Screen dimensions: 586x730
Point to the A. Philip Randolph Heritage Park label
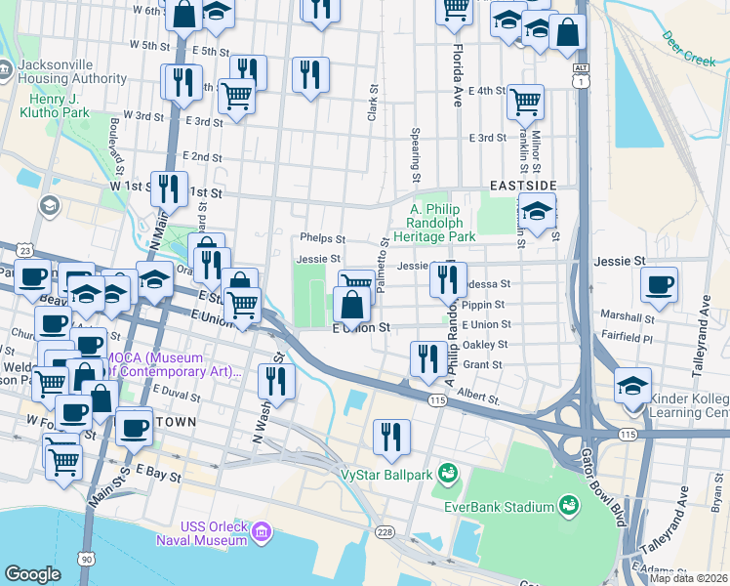point(442,223)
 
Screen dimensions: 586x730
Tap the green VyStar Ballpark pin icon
point(449,474)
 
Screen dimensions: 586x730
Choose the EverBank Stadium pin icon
point(568,505)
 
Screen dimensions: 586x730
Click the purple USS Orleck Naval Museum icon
point(261,532)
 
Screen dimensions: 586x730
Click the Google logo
point(32,574)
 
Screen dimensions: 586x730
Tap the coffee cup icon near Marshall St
point(660,284)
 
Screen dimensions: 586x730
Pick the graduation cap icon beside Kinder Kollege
point(633,385)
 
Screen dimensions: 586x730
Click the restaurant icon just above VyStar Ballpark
point(391,437)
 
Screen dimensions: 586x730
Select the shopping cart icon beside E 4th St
point(525,100)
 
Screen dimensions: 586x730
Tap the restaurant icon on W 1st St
point(172,188)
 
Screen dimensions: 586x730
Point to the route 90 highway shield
point(87,558)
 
